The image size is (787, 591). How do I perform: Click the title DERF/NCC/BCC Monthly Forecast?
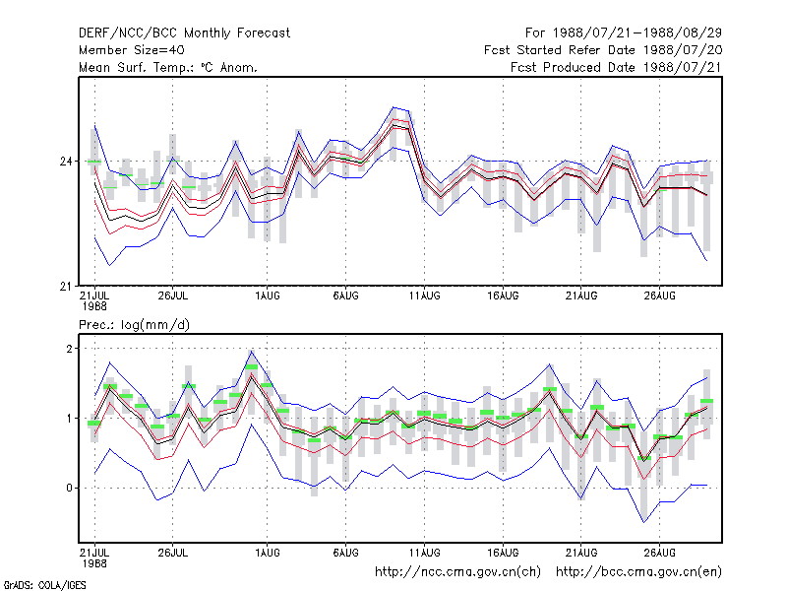coord(184,33)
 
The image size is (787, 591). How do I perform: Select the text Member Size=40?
coord(132,50)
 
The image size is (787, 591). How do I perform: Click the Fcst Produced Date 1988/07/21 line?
coord(617,67)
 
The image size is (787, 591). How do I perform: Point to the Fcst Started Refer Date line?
coord(603,50)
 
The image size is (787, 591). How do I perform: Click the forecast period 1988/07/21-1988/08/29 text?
coord(624,33)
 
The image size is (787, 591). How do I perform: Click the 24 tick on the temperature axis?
coord(66,162)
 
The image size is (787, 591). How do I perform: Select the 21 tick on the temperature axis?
coord(66,287)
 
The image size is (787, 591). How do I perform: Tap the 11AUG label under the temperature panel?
coord(425,296)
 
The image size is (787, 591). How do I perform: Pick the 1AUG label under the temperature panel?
coord(268,296)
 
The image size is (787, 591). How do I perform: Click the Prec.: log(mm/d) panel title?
coord(134,325)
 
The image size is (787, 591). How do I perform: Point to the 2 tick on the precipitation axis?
coord(69,349)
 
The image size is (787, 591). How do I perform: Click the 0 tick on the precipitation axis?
coord(69,488)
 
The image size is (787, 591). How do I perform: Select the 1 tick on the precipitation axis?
coord(69,418)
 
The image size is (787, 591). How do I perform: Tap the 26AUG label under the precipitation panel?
coord(660,553)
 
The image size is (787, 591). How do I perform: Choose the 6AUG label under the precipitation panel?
coord(346,553)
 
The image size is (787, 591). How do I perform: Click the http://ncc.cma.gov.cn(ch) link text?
coord(457,572)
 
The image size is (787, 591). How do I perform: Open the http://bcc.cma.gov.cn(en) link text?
coord(638,572)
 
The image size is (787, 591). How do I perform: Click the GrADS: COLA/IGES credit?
coord(45,585)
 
